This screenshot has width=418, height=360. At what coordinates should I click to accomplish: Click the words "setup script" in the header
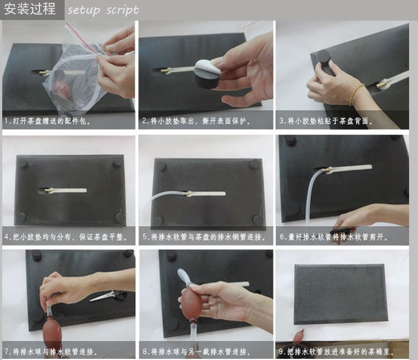pos(103,10)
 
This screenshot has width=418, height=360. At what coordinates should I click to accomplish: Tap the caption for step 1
pos(47,121)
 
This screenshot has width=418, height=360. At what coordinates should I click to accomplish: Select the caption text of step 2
pos(196,121)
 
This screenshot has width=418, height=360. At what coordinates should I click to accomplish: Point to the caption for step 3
pos(326,121)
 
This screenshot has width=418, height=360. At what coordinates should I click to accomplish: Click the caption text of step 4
pos(66,237)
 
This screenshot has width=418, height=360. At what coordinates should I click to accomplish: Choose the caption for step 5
pos(204,237)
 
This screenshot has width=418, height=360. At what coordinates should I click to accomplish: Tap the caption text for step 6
pos(334,237)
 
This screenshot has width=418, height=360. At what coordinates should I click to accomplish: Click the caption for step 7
pos(51,352)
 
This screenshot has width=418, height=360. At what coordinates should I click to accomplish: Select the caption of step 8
pos(196,352)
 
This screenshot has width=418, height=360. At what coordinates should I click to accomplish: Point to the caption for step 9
pos(337,352)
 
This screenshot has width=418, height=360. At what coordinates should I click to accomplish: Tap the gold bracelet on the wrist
pos(356,94)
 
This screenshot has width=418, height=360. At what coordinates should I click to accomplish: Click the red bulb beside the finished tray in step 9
pos(299,337)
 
